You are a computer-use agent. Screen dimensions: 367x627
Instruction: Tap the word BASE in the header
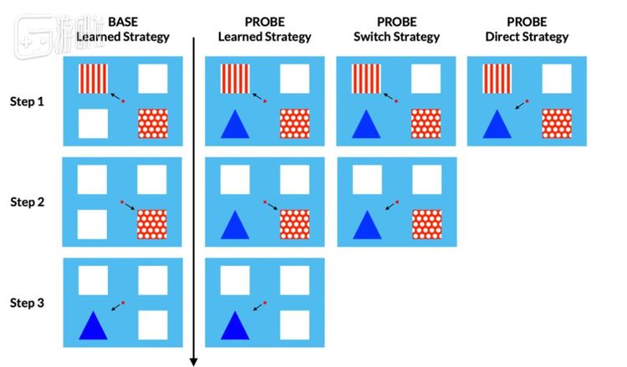coord(123,20)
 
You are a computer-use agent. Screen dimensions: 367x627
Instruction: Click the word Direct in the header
coord(506,37)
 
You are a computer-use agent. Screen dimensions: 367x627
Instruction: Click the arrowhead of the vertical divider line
coord(194,361)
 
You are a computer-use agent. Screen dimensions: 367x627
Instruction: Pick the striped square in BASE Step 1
coord(94,78)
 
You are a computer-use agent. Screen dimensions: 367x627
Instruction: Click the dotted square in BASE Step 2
coord(153,224)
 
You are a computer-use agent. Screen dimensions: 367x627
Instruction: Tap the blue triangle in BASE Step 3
coord(94,324)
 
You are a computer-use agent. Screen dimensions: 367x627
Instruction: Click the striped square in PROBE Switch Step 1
coord(366,78)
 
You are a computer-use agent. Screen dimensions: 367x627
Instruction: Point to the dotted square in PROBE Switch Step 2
coord(426,224)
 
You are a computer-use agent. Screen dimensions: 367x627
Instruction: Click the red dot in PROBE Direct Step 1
coord(527,101)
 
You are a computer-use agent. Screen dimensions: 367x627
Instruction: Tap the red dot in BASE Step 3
coord(123,302)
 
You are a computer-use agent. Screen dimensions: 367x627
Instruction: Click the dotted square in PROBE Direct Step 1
coord(557,124)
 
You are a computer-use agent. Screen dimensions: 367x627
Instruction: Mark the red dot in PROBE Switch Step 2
coord(397,201)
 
